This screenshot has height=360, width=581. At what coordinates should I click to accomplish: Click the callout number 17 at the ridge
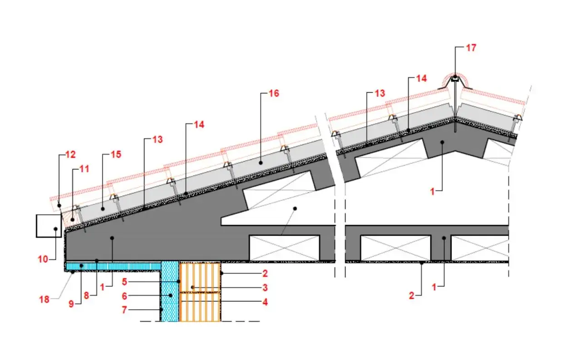[x=471, y=48]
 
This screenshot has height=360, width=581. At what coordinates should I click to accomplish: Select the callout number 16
[x=274, y=94]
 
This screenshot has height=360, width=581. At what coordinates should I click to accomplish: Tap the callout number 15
[x=116, y=154]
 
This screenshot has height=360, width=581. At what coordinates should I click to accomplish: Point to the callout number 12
[x=70, y=155]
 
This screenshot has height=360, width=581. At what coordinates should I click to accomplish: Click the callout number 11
[x=84, y=169]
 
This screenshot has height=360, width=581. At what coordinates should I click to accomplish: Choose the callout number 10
[x=43, y=259]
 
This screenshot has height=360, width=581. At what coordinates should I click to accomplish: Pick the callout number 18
[x=44, y=300]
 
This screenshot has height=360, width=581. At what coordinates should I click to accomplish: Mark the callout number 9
[x=71, y=304]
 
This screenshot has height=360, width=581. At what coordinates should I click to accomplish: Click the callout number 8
[x=86, y=296]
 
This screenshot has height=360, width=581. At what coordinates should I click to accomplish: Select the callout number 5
[x=124, y=282]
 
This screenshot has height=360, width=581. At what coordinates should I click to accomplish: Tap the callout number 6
[x=124, y=296]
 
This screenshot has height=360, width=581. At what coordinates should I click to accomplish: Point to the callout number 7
[x=124, y=310]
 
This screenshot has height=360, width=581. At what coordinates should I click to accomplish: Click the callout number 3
[x=265, y=287]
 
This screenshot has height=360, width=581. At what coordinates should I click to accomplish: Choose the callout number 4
[x=265, y=302]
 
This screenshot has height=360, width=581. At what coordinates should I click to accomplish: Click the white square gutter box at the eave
[x=49, y=226]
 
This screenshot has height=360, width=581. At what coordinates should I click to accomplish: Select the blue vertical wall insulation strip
[x=170, y=291]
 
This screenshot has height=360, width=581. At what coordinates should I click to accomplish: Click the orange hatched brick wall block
[x=200, y=292]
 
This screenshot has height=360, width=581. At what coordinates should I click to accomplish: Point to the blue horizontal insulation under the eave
[x=113, y=266]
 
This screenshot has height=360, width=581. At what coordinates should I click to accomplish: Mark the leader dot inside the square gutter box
[x=55, y=229]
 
